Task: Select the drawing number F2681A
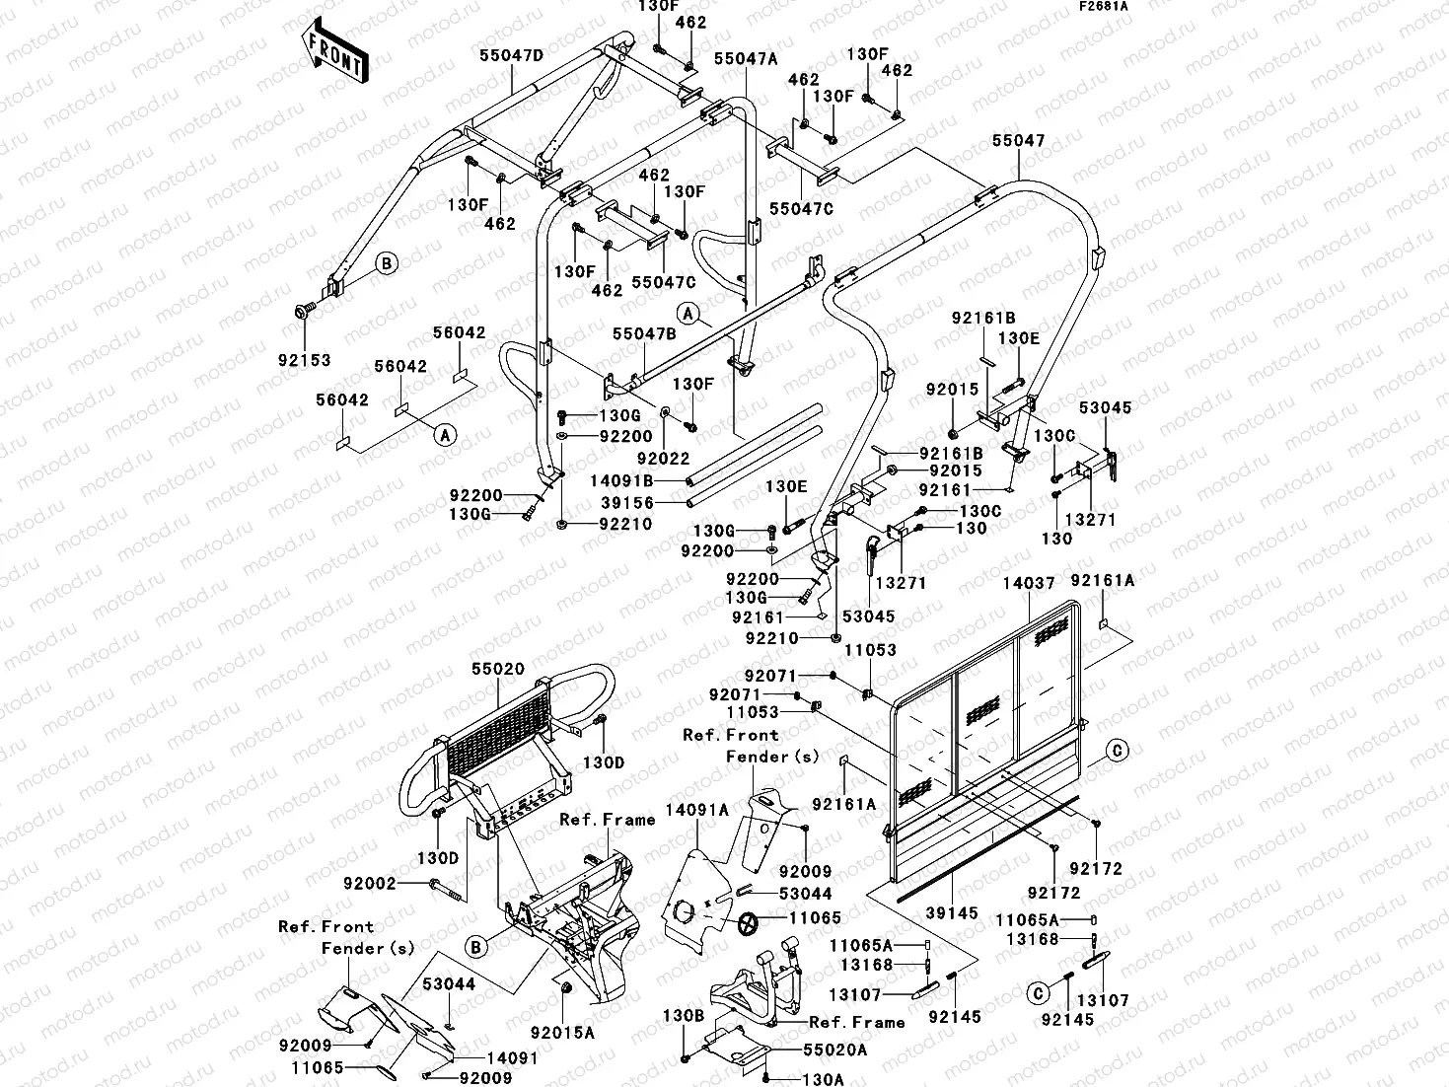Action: [1102, 7]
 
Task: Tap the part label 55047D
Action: [512, 56]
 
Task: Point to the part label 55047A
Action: [746, 59]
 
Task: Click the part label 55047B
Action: [643, 334]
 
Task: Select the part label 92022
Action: [663, 458]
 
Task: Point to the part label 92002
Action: [369, 884]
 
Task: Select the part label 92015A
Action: [562, 1033]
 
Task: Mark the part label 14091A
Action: [696, 810]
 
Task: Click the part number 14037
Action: [1029, 584]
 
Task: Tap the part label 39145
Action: [951, 913]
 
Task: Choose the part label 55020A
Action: [834, 1051]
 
